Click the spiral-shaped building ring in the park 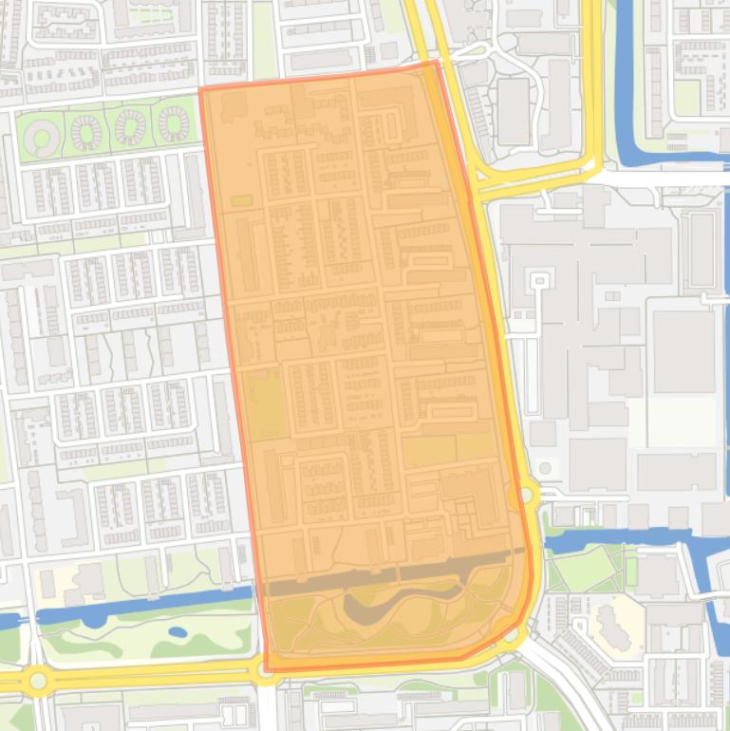click(x=40, y=139)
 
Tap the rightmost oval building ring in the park click(x=173, y=123)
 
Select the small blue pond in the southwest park click(x=178, y=631)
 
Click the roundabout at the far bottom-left click(x=38, y=680)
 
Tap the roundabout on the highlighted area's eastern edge click(x=523, y=494)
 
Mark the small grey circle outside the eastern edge click(x=545, y=468)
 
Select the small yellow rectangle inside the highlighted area click(x=242, y=201)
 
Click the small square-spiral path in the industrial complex click(x=539, y=282)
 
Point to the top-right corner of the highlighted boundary click(x=436, y=63)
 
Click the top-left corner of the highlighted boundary click(x=200, y=90)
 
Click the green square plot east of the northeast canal click(x=685, y=96)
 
